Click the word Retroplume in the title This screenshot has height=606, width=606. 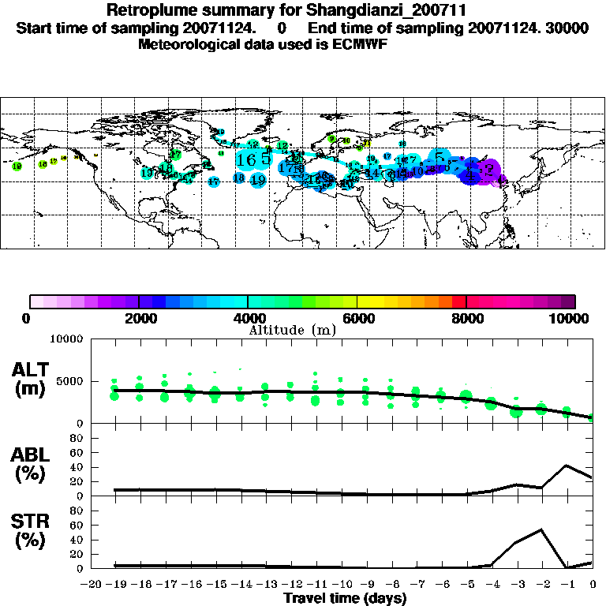[148, 11]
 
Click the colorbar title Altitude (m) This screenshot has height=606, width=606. [292, 330]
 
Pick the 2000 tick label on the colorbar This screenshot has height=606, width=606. [139, 318]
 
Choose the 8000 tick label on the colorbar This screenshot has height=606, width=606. [466, 318]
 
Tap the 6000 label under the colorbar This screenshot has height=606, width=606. [357, 318]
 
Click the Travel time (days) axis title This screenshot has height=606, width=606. [345, 598]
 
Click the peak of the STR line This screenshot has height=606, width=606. [542, 529]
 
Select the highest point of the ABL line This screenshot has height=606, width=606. [567, 466]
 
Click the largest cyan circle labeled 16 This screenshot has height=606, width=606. [245, 159]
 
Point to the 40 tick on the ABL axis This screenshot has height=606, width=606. [78, 467]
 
